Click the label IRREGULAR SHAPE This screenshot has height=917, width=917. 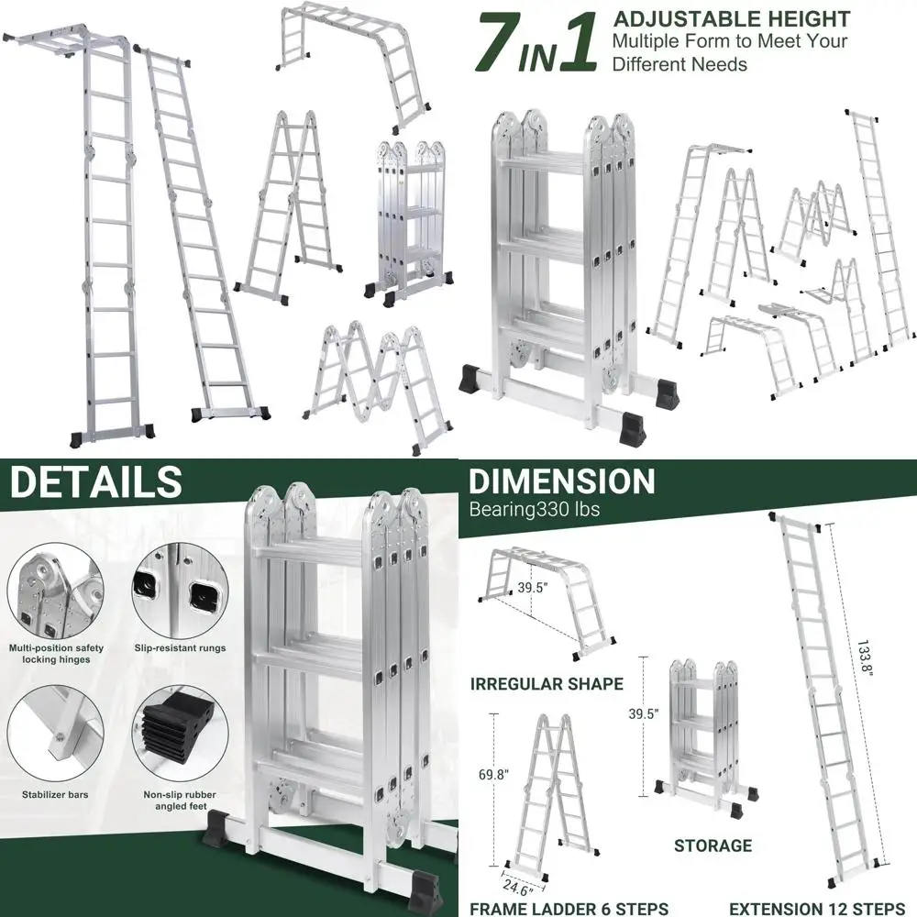tap(547, 684)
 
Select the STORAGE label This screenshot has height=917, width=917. tap(713, 845)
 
